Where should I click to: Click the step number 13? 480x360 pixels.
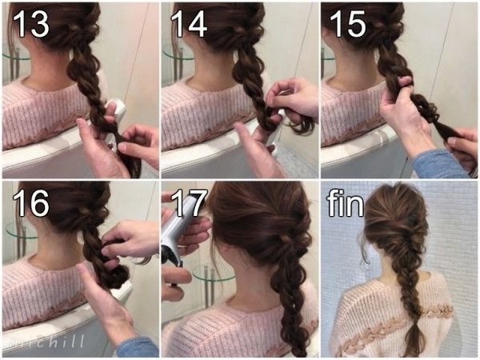coord(31,23)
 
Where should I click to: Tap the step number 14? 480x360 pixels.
coord(189,23)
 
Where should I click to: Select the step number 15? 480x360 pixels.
coord(348,23)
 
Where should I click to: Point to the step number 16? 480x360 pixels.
coord(31,202)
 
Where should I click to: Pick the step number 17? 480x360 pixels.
coord(188,202)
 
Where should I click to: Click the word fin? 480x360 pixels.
coord(346,202)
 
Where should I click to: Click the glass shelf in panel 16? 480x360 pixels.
coord(18,230)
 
